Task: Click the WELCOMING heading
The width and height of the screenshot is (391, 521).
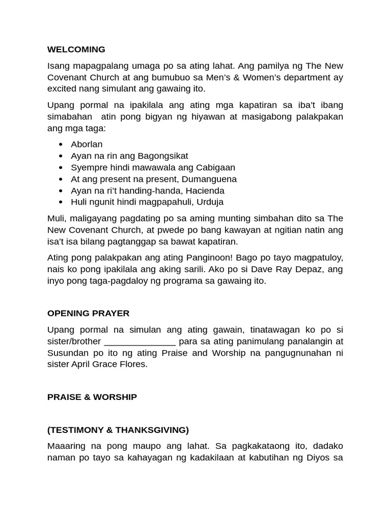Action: pyautogui.click(x=76, y=49)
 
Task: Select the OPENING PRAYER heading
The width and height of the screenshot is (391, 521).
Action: pyautogui.click(x=88, y=313)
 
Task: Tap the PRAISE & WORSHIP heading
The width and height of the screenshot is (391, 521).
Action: pyautogui.click(x=92, y=397)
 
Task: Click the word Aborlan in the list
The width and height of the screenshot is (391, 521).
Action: pyautogui.click(x=87, y=144)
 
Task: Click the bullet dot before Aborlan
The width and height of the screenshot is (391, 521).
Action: pyautogui.click(x=61, y=145)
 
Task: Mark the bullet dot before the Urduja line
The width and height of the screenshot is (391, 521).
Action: pyautogui.click(x=61, y=202)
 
